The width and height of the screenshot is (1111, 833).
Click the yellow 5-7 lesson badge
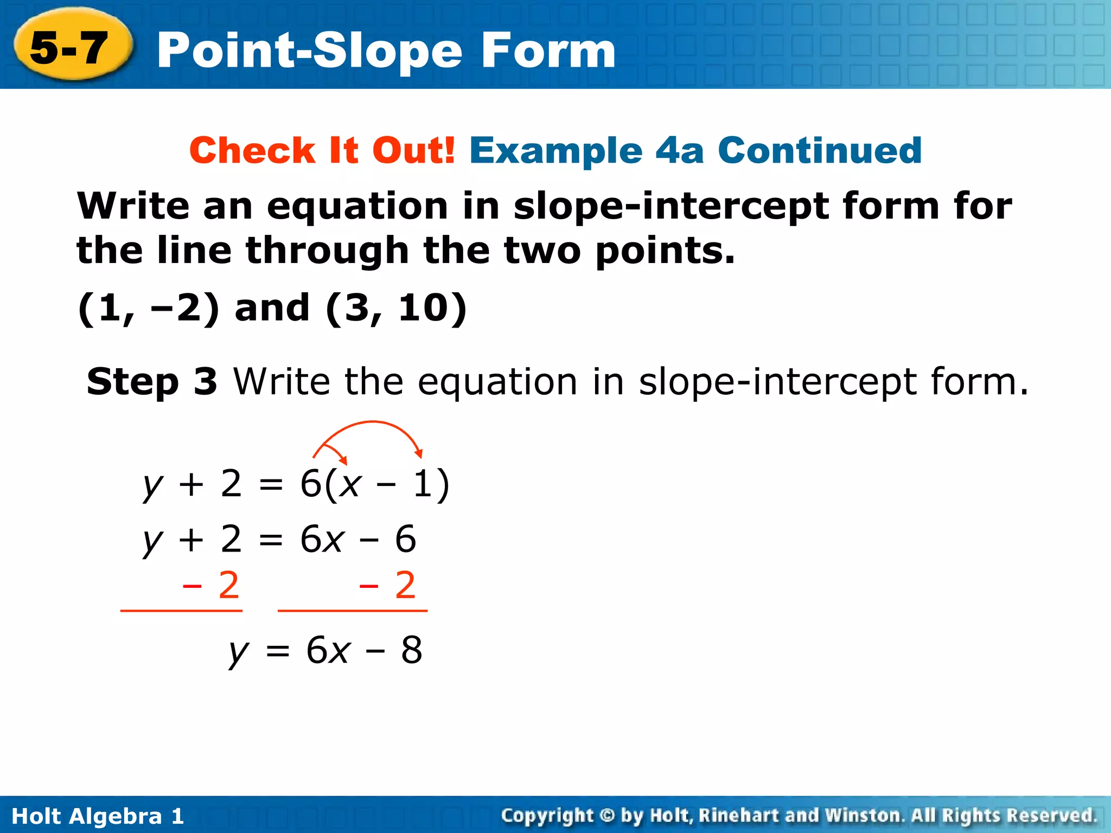[x=71, y=48]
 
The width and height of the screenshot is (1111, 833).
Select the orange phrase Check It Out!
[x=322, y=150]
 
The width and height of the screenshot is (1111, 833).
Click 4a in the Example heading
[x=679, y=150]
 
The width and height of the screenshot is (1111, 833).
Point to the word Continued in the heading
[x=819, y=150]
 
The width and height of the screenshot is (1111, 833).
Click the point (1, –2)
[x=149, y=308]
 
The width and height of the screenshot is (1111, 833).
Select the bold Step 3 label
[x=152, y=381]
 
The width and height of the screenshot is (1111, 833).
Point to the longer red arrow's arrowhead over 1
[x=418, y=453]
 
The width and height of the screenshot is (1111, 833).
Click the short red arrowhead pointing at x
[x=343, y=461]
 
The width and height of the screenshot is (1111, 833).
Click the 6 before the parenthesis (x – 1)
[x=311, y=484]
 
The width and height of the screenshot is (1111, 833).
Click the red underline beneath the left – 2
[x=181, y=611]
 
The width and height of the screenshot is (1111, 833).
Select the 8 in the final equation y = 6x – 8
[x=412, y=650]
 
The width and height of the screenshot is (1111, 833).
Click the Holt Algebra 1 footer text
[x=98, y=816]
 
